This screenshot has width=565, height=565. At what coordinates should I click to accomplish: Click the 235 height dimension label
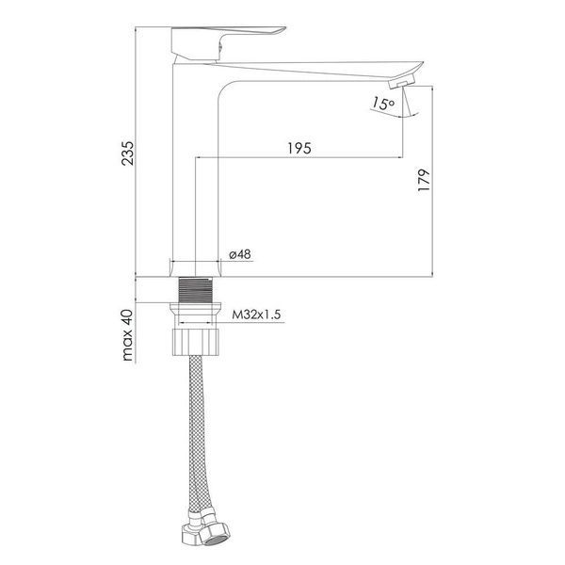coord(127,153)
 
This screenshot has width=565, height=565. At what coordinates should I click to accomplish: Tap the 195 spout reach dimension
coord(299,148)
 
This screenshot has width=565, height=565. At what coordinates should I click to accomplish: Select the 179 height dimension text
coord(424,180)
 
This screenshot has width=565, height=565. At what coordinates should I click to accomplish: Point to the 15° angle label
coord(383,104)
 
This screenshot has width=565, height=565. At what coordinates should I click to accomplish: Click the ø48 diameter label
coord(240,254)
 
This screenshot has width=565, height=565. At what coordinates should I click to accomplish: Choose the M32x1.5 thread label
coord(256,315)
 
